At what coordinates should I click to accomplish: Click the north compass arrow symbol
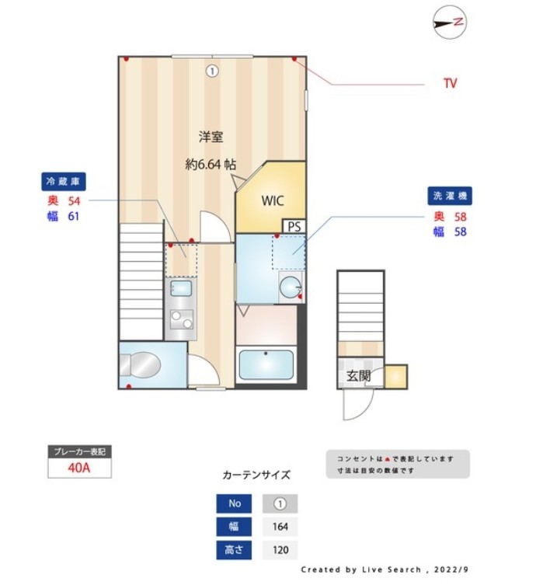coord(450,23)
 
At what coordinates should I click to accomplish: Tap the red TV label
coord(450,83)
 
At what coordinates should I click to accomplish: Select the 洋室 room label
coord(211,138)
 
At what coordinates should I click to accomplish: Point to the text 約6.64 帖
coord(211,165)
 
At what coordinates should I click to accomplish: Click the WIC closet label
coord(272,200)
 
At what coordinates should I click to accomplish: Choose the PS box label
coord(294,226)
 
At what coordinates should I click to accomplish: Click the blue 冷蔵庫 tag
coord(64,182)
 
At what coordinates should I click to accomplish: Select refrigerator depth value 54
coord(75,200)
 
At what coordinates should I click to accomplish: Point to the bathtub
coord(266,364)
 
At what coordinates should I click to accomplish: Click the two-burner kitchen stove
coord(181,319)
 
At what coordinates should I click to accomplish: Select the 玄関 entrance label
coord(358,376)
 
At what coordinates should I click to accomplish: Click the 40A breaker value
coord(79,468)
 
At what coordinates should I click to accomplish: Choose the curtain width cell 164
coord(280,527)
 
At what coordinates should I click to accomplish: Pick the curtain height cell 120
coord(280,550)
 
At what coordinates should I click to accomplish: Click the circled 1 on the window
coord(212,71)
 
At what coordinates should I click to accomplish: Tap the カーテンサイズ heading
coord(256,475)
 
